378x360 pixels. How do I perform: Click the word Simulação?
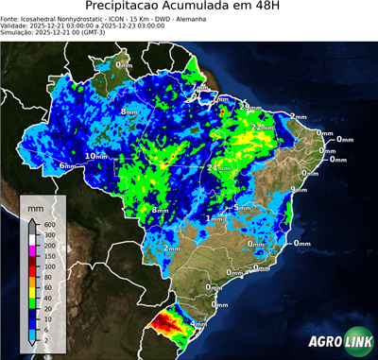point(19,33)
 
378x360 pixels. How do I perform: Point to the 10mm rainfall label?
point(96,156)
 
